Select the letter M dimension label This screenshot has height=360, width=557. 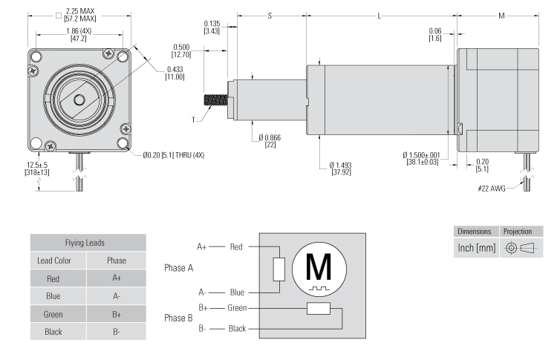tap(501, 16)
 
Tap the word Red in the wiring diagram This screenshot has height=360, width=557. tap(235, 246)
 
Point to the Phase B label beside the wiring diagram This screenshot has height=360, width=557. tap(178, 317)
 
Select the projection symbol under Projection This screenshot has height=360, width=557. tap(521, 246)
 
